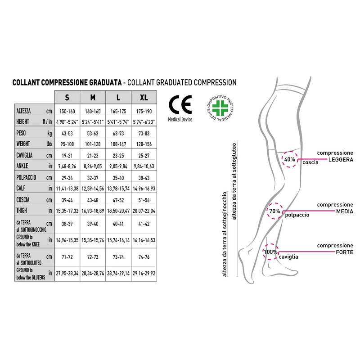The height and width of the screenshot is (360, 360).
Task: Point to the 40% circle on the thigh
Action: coord(289,159)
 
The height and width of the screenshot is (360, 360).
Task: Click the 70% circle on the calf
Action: coord(274,211)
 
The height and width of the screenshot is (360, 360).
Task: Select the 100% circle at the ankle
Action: coord(270,252)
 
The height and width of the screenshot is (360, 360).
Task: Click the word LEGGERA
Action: coord(341,160)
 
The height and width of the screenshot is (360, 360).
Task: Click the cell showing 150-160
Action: coord(67,111)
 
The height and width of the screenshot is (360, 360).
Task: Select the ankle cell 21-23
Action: coord(93,155)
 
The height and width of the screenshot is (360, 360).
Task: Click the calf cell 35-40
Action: coord(118,177)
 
